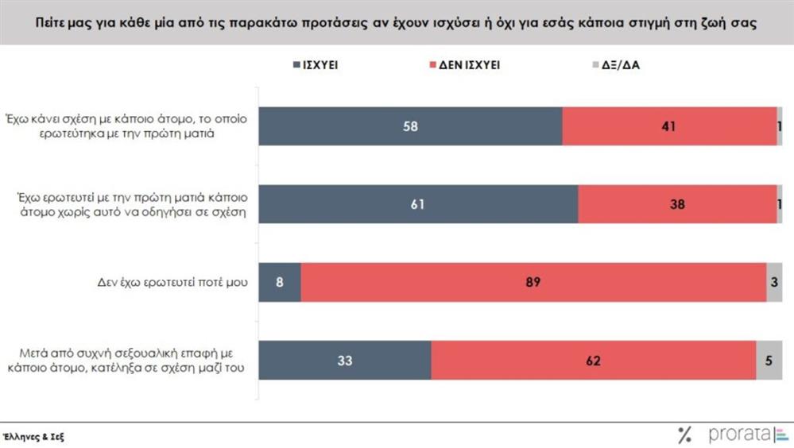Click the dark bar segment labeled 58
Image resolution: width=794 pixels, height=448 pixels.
(411, 126)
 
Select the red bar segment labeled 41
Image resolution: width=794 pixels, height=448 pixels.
(669, 126)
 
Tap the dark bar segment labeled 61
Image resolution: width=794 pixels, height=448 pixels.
(419, 204)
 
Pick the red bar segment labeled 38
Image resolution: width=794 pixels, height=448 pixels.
(677, 204)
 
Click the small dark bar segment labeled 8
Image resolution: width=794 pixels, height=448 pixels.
(281, 282)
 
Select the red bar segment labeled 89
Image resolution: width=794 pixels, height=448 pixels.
(533, 282)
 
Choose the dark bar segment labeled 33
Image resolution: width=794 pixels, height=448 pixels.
(346, 360)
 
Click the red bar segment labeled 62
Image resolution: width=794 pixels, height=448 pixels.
(594, 360)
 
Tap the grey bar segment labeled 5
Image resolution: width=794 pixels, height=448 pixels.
(769, 360)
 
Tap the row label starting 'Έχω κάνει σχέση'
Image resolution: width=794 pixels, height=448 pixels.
(128, 126)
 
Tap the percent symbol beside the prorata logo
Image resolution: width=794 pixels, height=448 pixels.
(684, 434)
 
